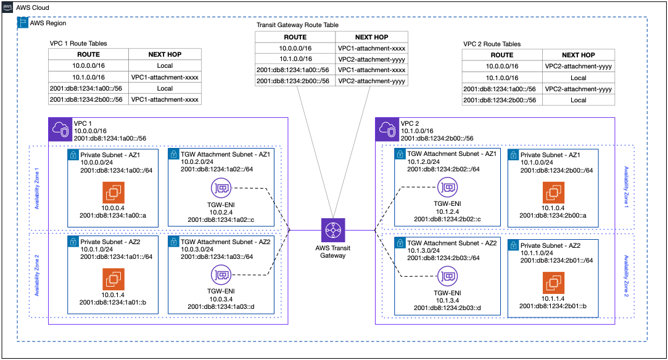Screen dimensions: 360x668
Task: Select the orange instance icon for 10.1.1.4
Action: click(553, 283)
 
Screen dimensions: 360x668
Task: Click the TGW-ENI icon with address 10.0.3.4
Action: click(221, 273)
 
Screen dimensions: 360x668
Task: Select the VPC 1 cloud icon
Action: click(60, 129)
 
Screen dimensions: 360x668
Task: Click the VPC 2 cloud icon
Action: click(387, 129)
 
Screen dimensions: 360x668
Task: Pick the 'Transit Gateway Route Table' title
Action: click(297, 25)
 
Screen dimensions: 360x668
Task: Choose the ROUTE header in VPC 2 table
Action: click(501, 55)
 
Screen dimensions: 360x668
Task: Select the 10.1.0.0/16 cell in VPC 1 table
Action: click(89, 77)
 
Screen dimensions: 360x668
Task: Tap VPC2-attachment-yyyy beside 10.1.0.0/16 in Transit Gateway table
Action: click(371, 59)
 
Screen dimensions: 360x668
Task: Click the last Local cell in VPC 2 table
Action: click(578, 99)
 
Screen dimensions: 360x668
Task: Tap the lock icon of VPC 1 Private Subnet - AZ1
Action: click(73, 155)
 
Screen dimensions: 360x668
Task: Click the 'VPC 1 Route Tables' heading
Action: click(78, 44)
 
